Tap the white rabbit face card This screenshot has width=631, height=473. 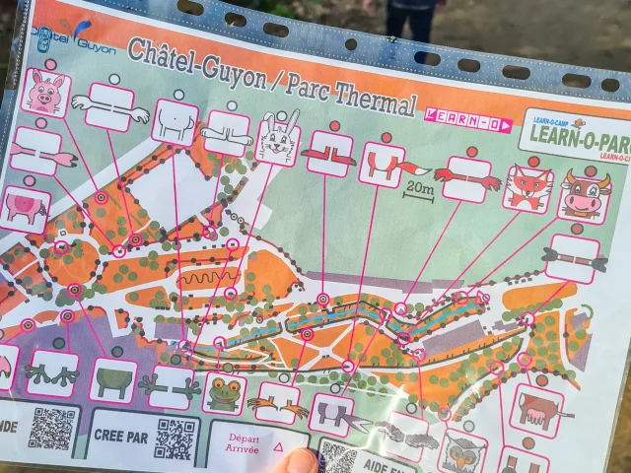click(278, 139)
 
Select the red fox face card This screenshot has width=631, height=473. click(527, 187)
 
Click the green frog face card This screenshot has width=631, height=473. click(224, 393)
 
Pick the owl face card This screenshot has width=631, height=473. click(461, 452)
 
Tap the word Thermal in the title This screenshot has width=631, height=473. click(373, 97)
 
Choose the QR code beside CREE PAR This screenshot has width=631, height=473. click(174, 439)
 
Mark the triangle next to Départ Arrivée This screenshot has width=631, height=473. click(277, 448)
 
